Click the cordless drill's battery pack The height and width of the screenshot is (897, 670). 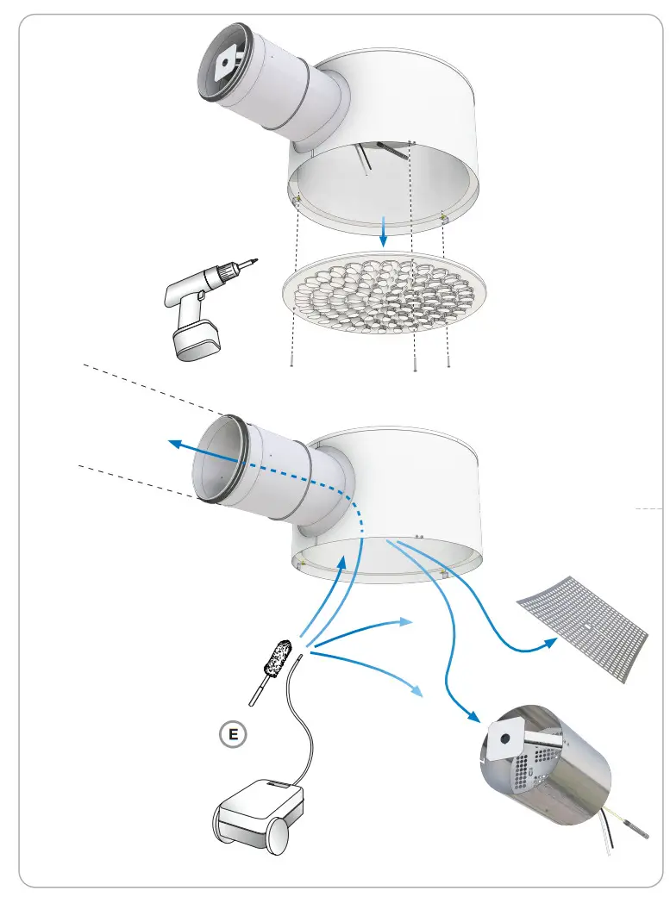pos(194,341)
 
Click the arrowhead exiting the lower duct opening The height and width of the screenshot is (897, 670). pos(174,443)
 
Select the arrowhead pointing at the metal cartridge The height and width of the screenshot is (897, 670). pos(473,717)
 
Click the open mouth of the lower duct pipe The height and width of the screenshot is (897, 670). pos(215,460)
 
